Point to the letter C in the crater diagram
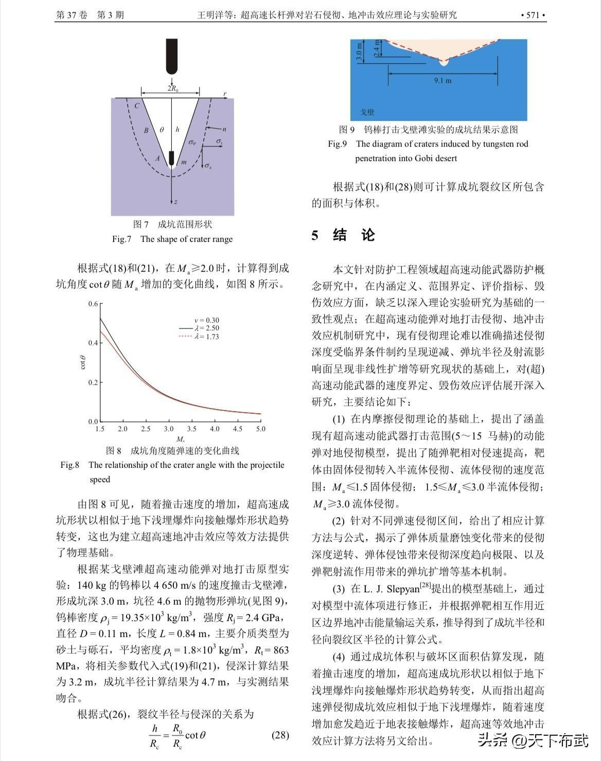point(137,107)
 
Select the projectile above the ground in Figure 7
point(172,56)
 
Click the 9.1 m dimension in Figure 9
point(442,80)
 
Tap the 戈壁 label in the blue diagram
point(367,112)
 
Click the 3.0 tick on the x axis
point(169,429)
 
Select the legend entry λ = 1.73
point(206,337)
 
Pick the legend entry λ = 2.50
point(206,328)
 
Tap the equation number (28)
point(280,735)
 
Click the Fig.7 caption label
point(122,239)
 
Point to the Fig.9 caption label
point(338,144)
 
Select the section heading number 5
point(315,236)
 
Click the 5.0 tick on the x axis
point(261,429)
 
